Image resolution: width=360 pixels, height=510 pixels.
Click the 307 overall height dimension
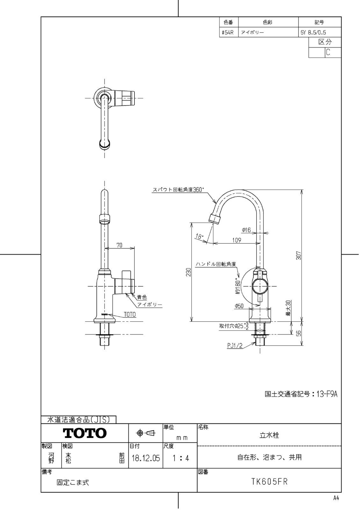(x=299, y=255)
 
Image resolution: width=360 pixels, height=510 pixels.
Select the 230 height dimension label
(x=189, y=272)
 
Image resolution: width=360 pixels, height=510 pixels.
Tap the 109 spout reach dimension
(x=237, y=240)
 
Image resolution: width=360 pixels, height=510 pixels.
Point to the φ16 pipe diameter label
(x=246, y=230)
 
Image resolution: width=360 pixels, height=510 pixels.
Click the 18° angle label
(x=199, y=237)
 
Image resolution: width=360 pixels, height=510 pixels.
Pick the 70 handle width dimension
(x=119, y=245)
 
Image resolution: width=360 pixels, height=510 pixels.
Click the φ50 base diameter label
(x=239, y=306)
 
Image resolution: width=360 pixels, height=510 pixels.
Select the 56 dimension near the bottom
(x=299, y=333)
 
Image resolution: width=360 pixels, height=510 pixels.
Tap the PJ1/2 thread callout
(x=235, y=346)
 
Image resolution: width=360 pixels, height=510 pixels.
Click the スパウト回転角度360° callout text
(x=178, y=190)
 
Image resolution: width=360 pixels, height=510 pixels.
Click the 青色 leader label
(x=142, y=297)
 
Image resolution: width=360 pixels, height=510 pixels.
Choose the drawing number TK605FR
(x=269, y=482)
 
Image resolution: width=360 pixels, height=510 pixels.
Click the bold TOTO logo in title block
(x=85, y=433)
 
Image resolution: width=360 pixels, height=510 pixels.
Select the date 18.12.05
(x=146, y=458)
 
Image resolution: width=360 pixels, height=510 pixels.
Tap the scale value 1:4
(x=180, y=458)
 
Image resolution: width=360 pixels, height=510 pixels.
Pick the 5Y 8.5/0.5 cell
(x=313, y=33)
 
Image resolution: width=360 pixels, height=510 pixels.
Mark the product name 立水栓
(x=269, y=435)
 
